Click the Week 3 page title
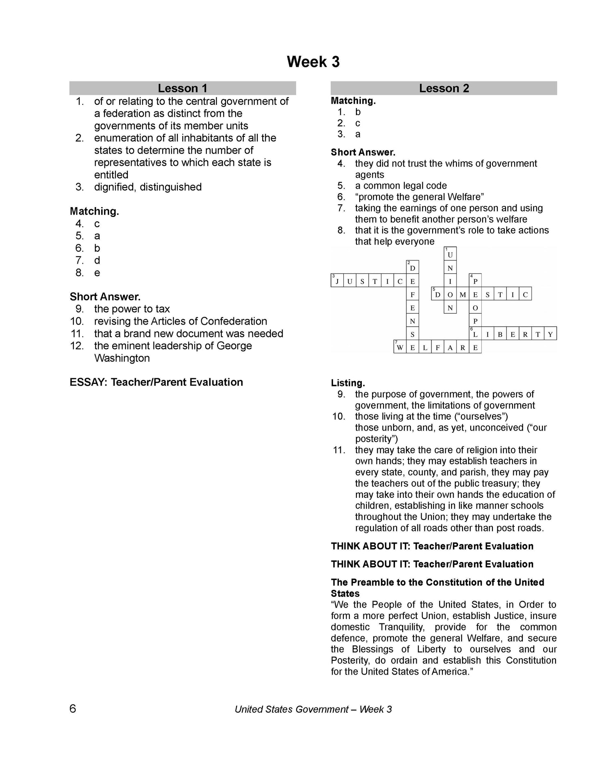coord(313,62)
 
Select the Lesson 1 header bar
coord(182,88)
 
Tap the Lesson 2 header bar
coord(444,88)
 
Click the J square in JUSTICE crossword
coord(337,281)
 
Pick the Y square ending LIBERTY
coord(550,334)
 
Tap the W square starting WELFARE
coord(400,348)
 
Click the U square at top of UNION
coord(450,255)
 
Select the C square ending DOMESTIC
coord(525,294)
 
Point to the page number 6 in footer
coord(73,709)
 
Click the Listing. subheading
coord(348,383)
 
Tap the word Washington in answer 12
coord(122,358)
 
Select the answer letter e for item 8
coord(97,273)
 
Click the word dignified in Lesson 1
coord(114,187)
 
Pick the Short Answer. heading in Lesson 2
coord(363,153)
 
